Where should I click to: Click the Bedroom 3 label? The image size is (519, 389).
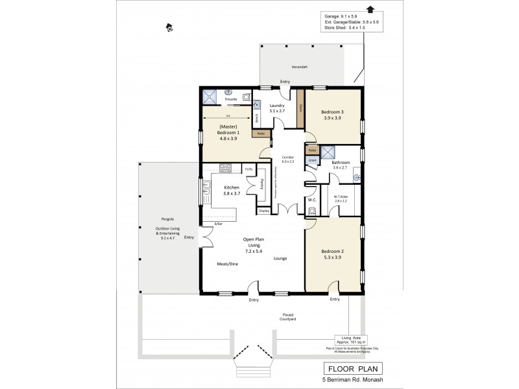(x=332, y=112)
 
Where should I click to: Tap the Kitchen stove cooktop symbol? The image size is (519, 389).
(x=226, y=169)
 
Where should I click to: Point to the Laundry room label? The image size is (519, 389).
(x=278, y=106)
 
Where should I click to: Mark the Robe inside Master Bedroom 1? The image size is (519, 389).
(x=261, y=134)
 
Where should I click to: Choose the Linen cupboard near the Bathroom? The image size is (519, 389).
(x=312, y=159)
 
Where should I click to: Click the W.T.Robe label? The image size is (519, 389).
(x=341, y=197)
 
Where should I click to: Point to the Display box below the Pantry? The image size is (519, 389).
(x=263, y=211)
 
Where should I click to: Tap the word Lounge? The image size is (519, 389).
(x=280, y=257)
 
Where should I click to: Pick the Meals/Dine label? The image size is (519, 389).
(x=226, y=265)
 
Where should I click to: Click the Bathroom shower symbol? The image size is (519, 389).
(x=329, y=153)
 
